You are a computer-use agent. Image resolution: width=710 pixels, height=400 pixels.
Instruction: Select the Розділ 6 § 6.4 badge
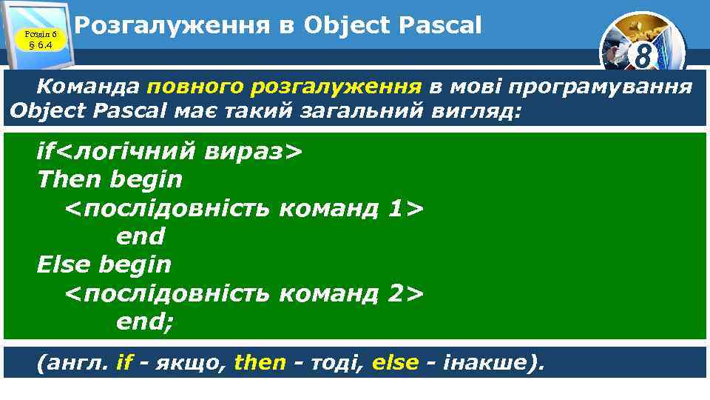coord(40,39)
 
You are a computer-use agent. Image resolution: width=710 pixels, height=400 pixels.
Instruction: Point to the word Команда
coord(88,87)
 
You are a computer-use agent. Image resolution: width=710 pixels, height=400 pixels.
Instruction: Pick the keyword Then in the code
coord(70,179)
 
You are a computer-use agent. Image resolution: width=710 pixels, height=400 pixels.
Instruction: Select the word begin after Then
coord(146,179)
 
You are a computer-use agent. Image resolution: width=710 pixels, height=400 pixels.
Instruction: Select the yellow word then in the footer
coord(260,362)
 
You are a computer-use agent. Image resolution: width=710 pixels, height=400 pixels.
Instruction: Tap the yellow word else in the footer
coord(395,362)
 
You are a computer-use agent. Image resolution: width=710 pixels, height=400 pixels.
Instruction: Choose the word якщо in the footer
coord(177,362)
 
